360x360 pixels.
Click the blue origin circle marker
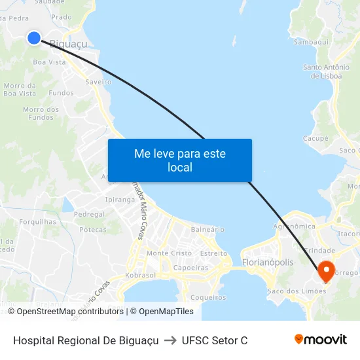[x=34, y=38]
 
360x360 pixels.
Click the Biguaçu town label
[x=69, y=44]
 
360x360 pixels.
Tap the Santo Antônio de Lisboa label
[x=325, y=71]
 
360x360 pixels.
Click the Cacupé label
[x=315, y=139]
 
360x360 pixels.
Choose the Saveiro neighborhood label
[x=98, y=82]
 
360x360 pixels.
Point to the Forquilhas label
[x=37, y=222]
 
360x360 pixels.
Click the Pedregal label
[x=90, y=215]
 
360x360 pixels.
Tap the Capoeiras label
[x=190, y=268]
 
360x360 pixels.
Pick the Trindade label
[x=320, y=251]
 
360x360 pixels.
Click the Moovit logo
[x=321, y=340]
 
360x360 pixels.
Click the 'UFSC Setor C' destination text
[x=215, y=340]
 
